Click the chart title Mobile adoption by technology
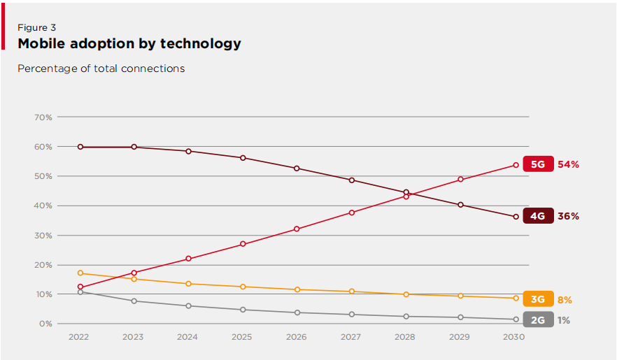click(x=129, y=43)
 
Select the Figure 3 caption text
click(x=36, y=28)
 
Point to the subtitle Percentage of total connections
click(x=101, y=69)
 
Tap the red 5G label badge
click(x=538, y=165)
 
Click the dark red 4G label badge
click(x=537, y=216)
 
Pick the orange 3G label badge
click(x=537, y=299)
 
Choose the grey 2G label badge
click(x=537, y=320)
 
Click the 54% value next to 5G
click(x=568, y=165)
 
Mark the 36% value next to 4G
click(x=568, y=216)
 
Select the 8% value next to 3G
click(x=565, y=300)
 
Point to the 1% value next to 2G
click(x=563, y=320)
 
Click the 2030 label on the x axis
click(x=516, y=337)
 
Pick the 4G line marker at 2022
click(x=80, y=147)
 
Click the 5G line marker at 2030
click(x=516, y=165)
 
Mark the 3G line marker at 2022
click(x=80, y=273)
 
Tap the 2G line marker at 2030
click(x=516, y=319)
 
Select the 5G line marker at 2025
click(x=243, y=244)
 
